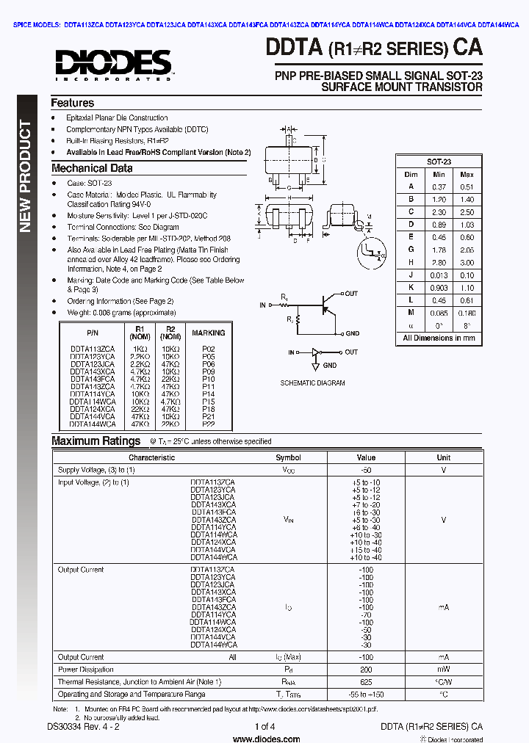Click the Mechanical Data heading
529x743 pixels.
pyautogui.click(x=92, y=168)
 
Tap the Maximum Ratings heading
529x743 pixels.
pyautogui.click(x=96, y=441)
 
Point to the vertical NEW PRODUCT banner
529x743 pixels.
pyautogui.click(x=25, y=176)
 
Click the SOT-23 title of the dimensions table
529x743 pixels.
pyautogui.click(x=439, y=162)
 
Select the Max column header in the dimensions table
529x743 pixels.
pyautogui.click(x=467, y=175)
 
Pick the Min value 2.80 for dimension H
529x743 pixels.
pyautogui.click(x=439, y=263)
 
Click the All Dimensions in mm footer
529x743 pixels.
pyautogui.click(x=439, y=338)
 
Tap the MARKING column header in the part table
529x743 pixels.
pyautogui.click(x=208, y=333)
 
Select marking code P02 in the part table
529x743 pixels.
pyautogui.click(x=208, y=349)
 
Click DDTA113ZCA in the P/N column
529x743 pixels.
pyautogui.click(x=92, y=349)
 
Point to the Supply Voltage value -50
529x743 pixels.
pyautogui.click(x=366, y=470)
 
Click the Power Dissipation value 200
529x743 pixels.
pyautogui.click(x=366, y=670)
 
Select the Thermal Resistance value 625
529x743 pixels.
pyautogui.click(x=366, y=682)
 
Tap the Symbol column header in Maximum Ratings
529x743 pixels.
pyautogui.click(x=288, y=457)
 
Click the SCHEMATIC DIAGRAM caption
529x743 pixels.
pyautogui.click(x=312, y=383)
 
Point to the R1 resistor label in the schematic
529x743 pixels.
pyautogui.click(x=284, y=296)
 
